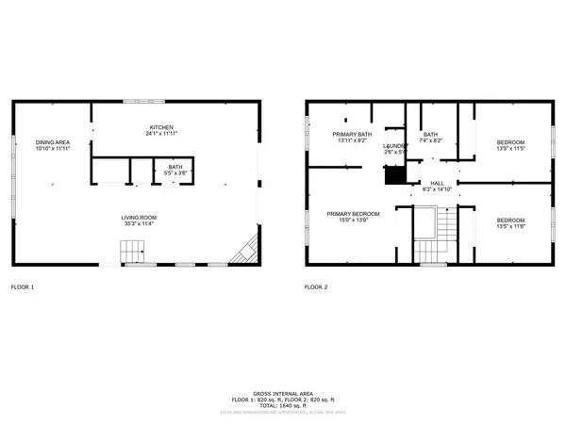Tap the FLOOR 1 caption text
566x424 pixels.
[x=22, y=285]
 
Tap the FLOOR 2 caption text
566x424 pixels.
[x=316, y=285]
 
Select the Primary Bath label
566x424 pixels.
[x=350, y=135]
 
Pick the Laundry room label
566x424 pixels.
[x=394, y=146]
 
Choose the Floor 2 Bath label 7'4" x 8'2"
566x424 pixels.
[x=430, y=135]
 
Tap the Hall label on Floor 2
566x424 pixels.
[x=437, y=183]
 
